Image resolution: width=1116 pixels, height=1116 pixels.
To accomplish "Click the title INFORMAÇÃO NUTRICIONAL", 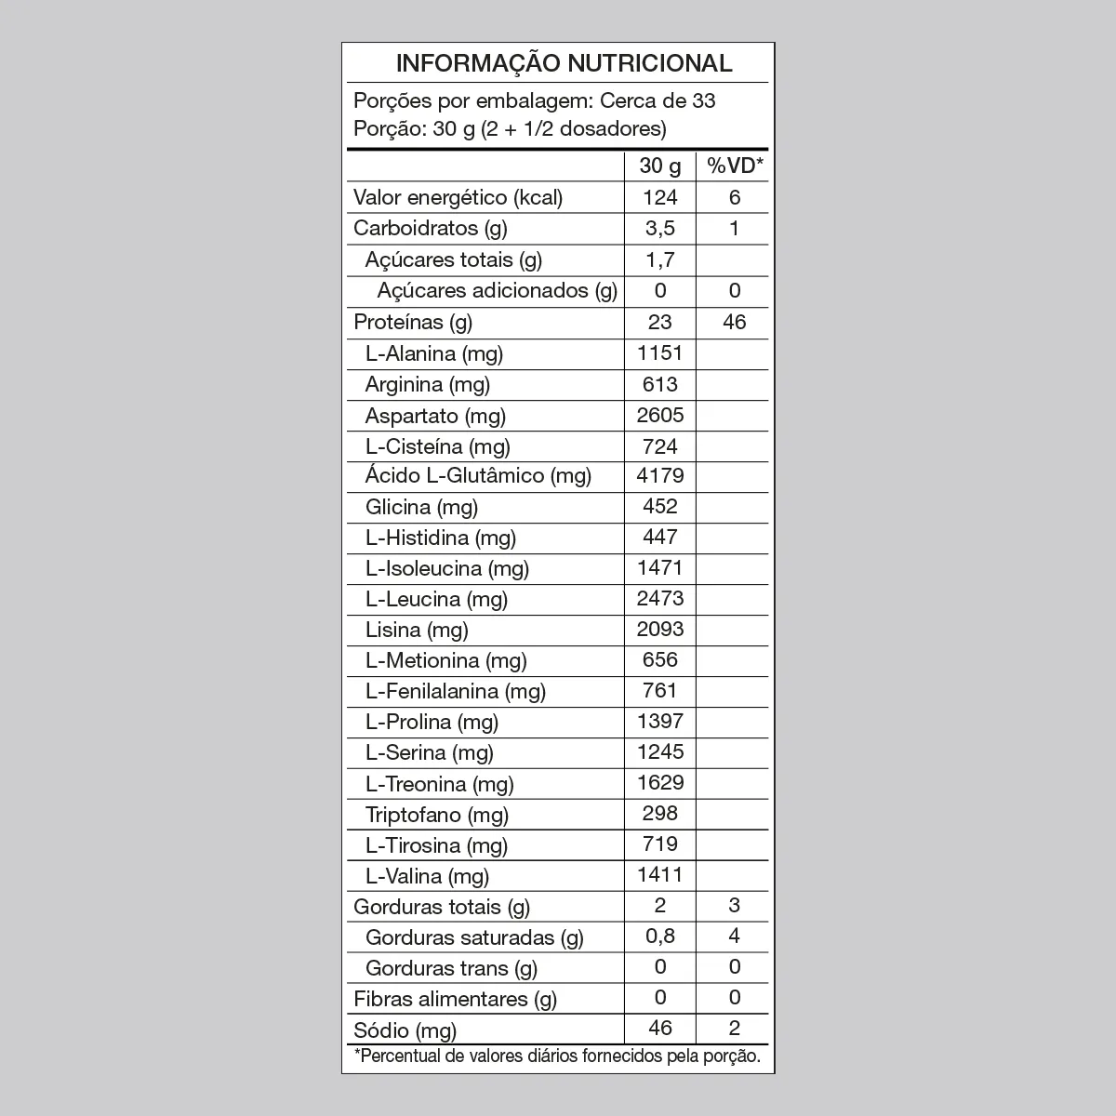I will click(564, 63).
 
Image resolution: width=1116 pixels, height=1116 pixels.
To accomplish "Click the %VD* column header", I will click(734, 166).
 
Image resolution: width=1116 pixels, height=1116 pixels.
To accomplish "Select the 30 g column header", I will click(660, 166).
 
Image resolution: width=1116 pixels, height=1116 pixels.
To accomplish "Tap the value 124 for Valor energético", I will click(660, 197).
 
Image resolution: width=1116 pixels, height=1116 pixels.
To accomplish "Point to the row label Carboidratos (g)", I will click(431, 228).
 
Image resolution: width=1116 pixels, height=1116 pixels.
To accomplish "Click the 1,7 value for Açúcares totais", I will click(660, 259).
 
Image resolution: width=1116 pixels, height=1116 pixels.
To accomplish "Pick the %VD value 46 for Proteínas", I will click(734, 322).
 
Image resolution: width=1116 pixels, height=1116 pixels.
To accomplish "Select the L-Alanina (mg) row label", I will click(434, 353).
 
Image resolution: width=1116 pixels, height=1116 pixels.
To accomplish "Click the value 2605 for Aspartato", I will click(660, 415).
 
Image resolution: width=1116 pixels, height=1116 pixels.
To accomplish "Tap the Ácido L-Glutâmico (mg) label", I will click(478, 476).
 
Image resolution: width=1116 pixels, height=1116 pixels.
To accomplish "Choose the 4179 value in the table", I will click(660, 476).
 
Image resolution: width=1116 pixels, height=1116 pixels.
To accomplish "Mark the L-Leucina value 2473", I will click(660, 598).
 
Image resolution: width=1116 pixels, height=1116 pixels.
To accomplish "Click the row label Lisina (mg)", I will click(417, 630).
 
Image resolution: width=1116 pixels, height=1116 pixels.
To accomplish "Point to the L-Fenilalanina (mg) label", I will click(456, 691).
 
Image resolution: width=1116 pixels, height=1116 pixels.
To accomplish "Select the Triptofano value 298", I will click(660, 814).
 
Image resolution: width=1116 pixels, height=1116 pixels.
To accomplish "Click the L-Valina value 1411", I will click(660, 875).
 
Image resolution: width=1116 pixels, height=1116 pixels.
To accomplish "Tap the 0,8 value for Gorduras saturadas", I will click(660, 937).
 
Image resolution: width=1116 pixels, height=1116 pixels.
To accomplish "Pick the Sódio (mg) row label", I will click(405, 1030).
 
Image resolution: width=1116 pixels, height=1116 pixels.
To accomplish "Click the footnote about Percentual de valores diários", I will click(558, 1056).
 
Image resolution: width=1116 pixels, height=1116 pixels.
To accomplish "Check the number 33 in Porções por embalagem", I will click(703, 100).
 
